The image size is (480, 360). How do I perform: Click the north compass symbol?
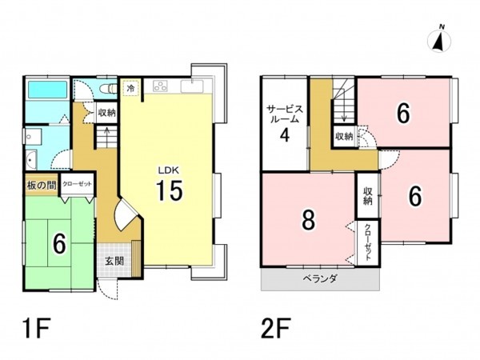[x=439, y=41]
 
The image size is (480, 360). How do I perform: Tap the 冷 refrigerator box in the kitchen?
[x=130, y=88]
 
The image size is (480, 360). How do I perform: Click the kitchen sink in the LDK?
[x=192, y=86]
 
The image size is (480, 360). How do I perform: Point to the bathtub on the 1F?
[x=47, y=90]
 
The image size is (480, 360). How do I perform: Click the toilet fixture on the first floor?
[x=109, y=88]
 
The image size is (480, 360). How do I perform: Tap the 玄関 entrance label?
[x=114, y=261]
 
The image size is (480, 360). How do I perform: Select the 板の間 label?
[x=42, y=186]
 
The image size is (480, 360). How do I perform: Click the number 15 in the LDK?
[x=169, y=190]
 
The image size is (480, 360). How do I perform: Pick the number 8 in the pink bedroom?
[x=308, y=220]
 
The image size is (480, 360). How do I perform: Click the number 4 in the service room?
[x=285, y=134]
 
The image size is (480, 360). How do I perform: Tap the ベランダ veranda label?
[x=320, y=278]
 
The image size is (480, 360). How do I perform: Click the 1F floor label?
[x=36, y=328]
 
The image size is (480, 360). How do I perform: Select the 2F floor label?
[x=275, y=328]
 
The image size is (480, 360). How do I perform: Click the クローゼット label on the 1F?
[x=77, y=184]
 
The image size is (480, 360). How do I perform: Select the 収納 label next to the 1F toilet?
[x=107, y=112]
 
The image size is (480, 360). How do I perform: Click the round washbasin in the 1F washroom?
[x=30, y=160]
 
